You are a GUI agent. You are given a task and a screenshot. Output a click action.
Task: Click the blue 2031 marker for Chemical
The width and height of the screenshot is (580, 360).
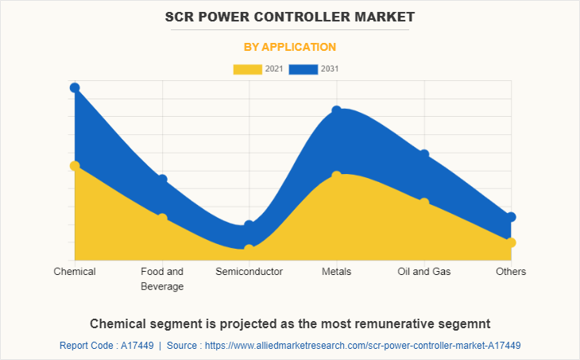75,87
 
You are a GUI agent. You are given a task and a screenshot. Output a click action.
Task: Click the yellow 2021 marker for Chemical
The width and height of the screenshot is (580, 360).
75,166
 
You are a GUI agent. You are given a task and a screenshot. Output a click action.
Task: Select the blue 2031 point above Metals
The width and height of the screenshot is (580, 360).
337,110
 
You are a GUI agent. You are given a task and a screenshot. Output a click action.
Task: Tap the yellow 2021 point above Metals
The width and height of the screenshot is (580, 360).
337,176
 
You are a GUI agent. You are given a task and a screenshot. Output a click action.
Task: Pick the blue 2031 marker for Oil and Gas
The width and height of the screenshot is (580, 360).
424,154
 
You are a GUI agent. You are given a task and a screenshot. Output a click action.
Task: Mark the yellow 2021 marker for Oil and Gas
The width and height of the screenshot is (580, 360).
424,203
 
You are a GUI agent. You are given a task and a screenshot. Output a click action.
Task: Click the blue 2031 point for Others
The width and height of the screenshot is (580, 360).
512,217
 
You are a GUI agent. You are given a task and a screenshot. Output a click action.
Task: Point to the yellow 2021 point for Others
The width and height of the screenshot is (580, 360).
512,242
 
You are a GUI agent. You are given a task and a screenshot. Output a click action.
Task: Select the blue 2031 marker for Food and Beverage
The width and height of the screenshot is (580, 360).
162,180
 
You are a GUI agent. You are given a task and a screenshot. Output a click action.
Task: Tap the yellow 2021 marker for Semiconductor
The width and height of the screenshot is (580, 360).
249,249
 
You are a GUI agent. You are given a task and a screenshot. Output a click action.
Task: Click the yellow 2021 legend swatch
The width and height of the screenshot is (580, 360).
247,69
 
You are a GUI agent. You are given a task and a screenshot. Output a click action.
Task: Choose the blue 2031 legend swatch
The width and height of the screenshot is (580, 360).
304,69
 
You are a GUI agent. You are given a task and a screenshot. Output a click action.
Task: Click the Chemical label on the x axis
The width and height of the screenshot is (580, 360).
75,272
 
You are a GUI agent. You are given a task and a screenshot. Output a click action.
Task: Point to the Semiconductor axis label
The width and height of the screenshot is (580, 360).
249,272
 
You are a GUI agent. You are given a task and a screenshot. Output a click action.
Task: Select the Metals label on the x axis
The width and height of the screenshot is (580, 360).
337,272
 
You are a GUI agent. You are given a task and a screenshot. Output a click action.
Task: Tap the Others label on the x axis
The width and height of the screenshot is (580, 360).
511,272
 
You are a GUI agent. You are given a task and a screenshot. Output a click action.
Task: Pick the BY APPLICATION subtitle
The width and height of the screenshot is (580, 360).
289,47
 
